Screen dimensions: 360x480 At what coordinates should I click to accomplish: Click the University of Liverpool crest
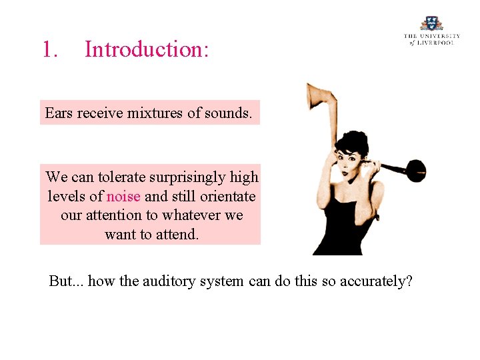tap(431, 23)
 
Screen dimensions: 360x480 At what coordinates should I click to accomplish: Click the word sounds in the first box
tap(229, 113)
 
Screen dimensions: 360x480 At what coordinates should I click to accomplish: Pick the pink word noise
tap(123, 197)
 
